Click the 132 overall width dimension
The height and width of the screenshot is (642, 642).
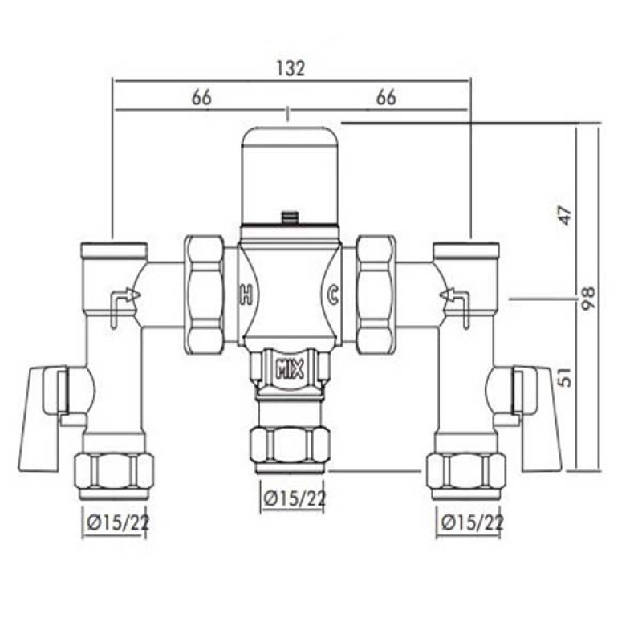(293, 69)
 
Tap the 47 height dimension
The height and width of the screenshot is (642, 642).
(567, 215)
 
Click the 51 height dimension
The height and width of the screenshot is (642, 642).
(567, 376)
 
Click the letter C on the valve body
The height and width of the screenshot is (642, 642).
(331, 295)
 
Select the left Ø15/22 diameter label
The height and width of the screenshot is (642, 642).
(116, 523)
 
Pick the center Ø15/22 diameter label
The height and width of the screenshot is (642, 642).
(295, 498)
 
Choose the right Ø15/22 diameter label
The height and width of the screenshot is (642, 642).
(472, 523)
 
